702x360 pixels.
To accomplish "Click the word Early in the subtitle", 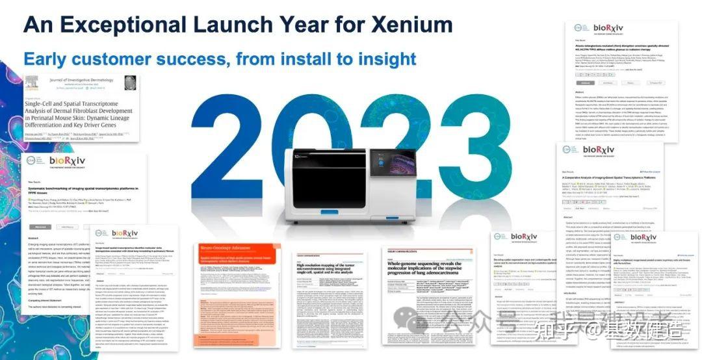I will click(x=45, y=59).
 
